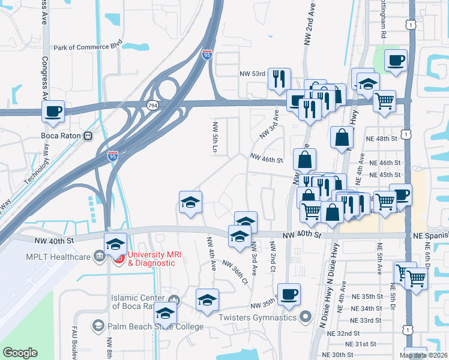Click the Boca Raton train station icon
click(88, 136)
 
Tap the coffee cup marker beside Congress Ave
click(53, 110)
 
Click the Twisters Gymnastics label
click(259, 317)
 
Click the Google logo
click(20, 353)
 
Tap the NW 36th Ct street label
click(235, 272)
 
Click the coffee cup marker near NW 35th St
click(289, 294)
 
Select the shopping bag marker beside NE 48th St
click(342, 137)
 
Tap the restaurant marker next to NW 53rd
click(279, 79)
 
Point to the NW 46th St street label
click(266, 160)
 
